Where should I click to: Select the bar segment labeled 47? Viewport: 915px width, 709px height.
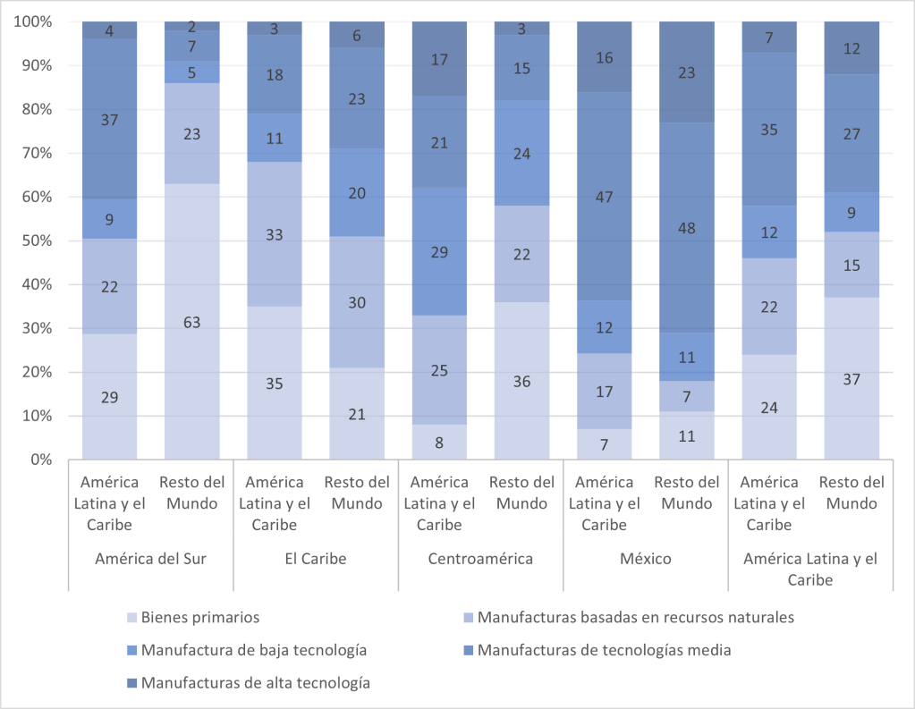click(605, 197)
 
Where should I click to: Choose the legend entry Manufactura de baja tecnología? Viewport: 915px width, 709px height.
click(255, 650)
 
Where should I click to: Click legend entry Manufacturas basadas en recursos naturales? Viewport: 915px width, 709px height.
click(635, 617)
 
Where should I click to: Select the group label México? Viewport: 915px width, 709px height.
click(645, 560)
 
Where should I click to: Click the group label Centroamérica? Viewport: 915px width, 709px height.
click(480, 560)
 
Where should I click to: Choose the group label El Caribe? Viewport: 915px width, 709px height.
click(316, 560)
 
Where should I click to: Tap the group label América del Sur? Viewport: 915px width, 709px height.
click(150, 560)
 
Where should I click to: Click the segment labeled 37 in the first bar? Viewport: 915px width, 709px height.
click(109, 119)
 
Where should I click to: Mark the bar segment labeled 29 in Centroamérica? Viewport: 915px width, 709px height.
click(439, 252)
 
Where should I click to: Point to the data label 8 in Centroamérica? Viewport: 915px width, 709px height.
click(439, 442)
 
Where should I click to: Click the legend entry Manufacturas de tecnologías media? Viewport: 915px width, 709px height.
click(604, 650)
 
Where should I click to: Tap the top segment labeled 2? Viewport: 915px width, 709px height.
click(191, 26)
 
